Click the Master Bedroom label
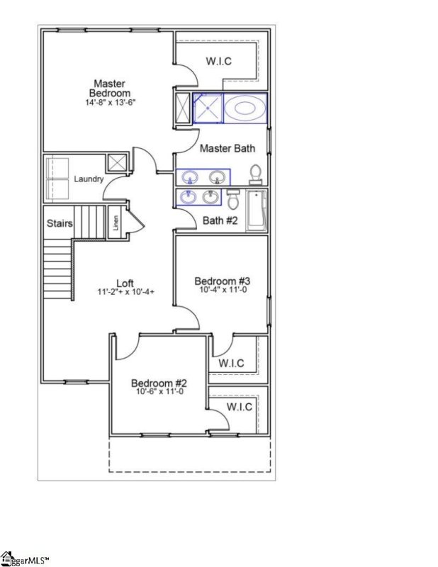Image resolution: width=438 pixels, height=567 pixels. [109, 88]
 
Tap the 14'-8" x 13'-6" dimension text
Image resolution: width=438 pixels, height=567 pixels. [109, 102]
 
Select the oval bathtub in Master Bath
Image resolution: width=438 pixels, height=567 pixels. [245, 108]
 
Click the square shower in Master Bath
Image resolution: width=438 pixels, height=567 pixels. [208, 108]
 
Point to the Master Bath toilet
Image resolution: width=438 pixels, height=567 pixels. [256, 173]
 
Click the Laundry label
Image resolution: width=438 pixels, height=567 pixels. [89, 179]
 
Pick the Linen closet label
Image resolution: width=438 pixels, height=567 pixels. [116, 223]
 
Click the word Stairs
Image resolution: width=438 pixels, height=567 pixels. [60, 223]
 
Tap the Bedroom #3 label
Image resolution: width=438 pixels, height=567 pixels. [223, 281]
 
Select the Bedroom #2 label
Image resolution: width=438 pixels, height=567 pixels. [159, 383]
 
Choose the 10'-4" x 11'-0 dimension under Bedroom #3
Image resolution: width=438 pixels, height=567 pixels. [223, 291]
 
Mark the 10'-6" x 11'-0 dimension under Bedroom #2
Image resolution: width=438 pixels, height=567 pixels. [159, 391]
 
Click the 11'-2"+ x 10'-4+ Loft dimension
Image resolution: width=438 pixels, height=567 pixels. [125, 291]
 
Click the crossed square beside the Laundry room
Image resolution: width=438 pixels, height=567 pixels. [116, 162]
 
